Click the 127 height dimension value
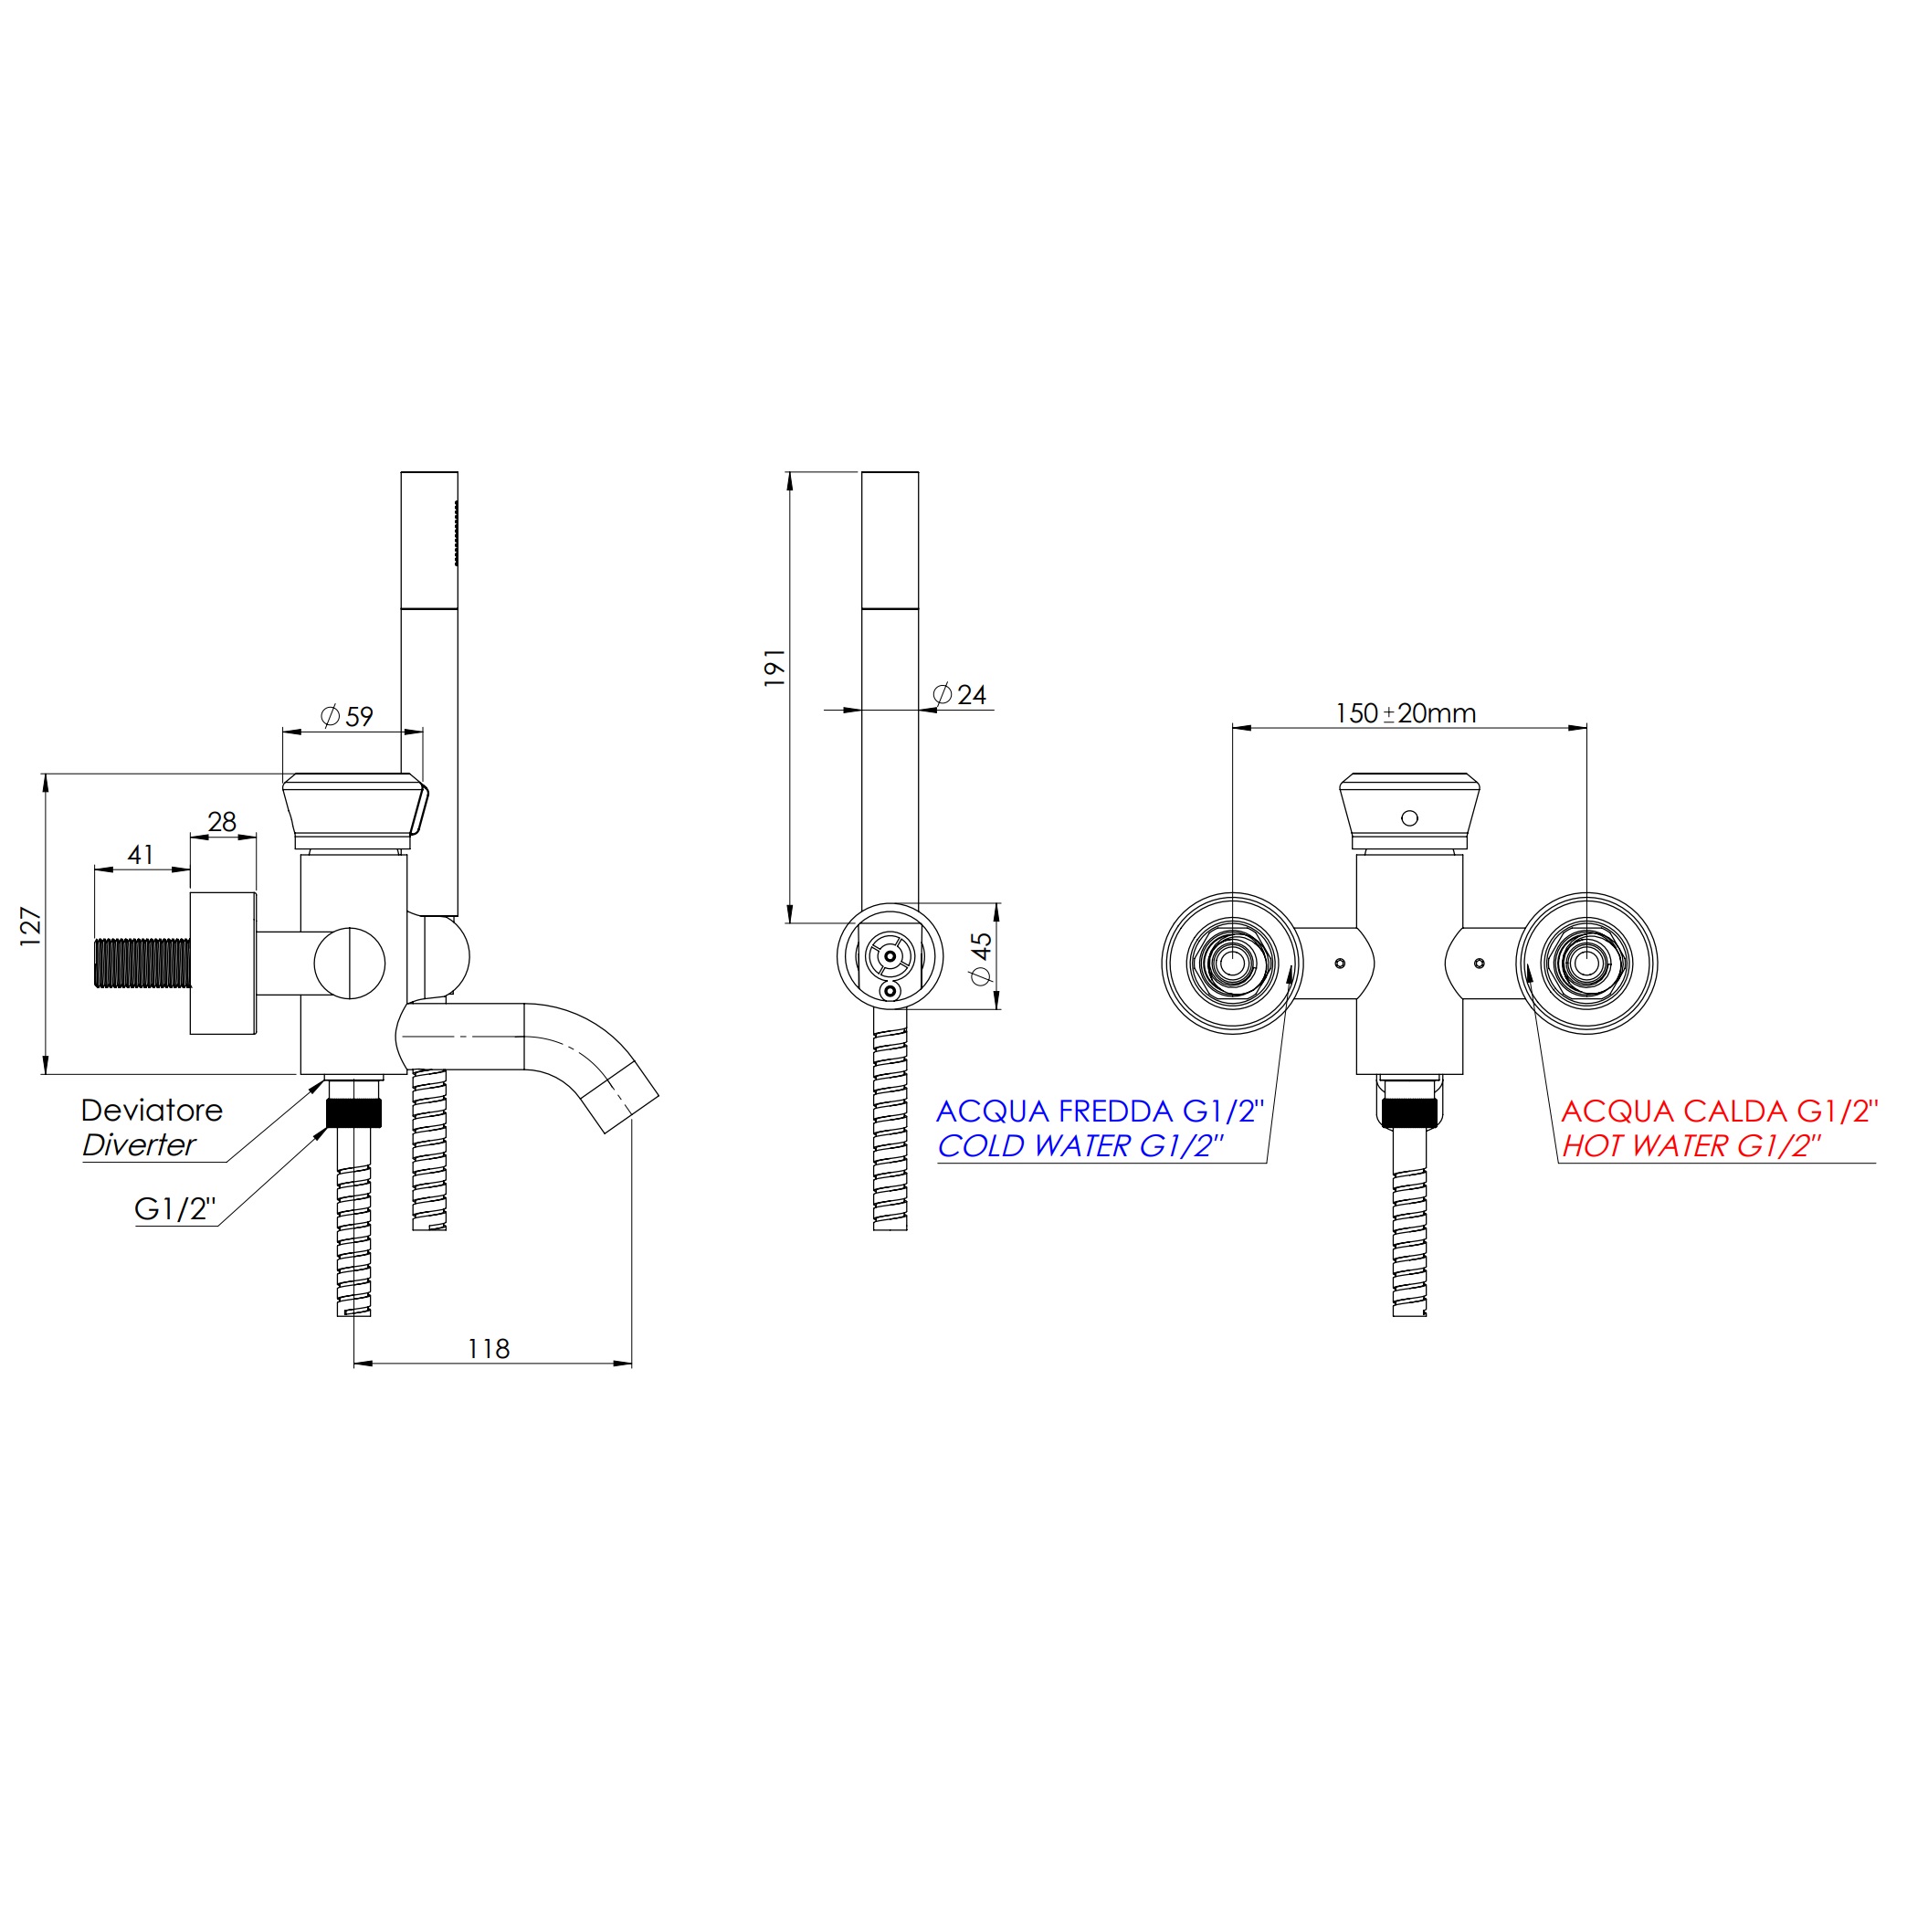31,927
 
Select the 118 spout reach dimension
488,1348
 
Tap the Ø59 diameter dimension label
347,716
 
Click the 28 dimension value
222,821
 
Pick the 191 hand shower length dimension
774,668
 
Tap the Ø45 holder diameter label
980,957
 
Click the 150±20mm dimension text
1405,712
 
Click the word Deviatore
151,1111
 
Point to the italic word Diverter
139,1145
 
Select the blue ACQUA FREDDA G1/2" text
1100,1112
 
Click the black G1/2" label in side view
174,1209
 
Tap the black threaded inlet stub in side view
142,963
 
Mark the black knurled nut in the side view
354,1112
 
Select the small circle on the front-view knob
1409,818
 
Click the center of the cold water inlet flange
1232,964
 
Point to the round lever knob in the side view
350,963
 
